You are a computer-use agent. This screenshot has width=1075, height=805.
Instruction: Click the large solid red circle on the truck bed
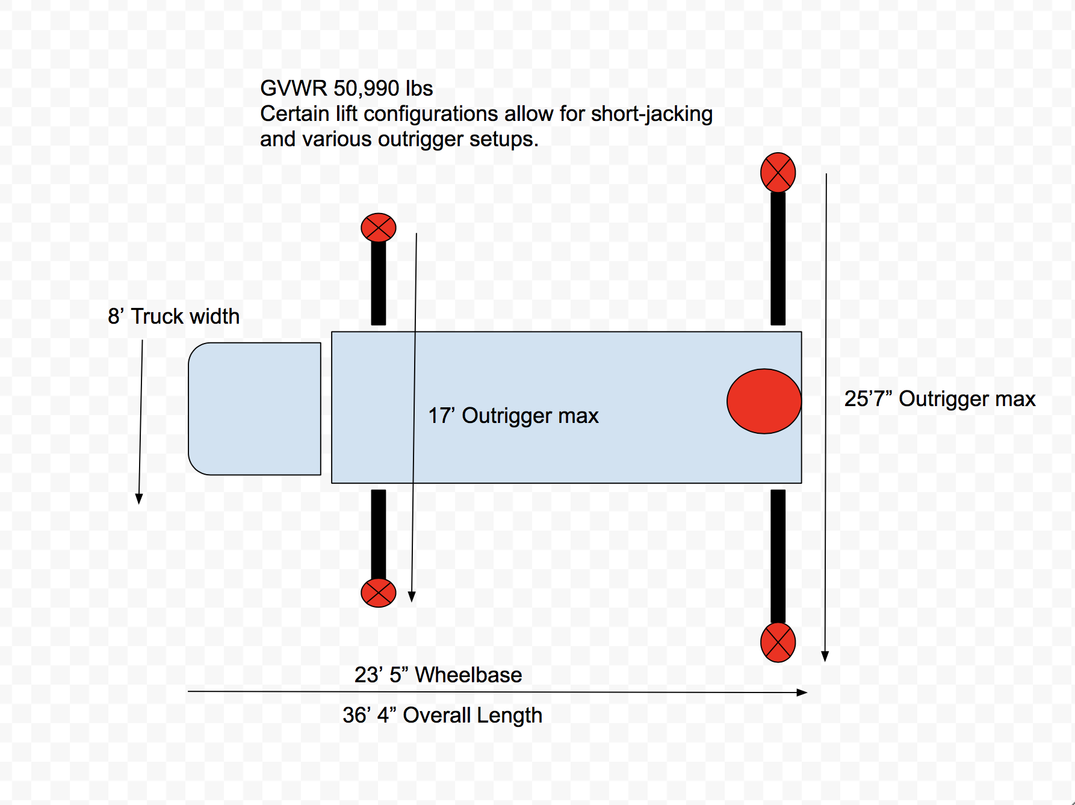(x=764, y=401)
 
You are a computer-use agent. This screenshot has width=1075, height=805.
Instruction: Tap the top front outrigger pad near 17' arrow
(x=379, y=227)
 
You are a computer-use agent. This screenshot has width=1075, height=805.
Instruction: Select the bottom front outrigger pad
(x=379, y=593)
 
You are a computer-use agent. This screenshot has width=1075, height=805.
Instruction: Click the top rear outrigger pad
(x=778, y=173)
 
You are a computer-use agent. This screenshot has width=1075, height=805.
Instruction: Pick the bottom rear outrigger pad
(x=778, y=643)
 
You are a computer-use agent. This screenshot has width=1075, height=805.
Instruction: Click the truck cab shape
(x=255, y=409)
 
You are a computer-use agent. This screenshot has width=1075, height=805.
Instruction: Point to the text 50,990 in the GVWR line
(x=366, y=88)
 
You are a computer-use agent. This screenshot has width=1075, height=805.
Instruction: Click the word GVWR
(x=294, y=88)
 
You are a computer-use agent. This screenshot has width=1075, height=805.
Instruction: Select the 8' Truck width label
(x=173, y=316)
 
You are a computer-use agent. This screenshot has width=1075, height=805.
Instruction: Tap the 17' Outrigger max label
(x=513, y=416)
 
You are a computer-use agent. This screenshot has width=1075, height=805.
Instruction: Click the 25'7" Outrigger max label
(x=940, y=399)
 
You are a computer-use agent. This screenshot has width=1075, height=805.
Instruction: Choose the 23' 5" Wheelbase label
(x=438, y=675)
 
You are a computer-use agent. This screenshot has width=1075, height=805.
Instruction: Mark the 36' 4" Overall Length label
(x=442, y=715)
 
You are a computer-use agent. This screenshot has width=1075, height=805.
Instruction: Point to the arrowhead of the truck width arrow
(x=139, y=499)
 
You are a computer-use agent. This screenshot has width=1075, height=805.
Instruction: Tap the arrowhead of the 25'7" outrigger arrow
(x=825, y=656)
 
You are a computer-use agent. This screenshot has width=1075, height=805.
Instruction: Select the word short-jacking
(x=652, y=114)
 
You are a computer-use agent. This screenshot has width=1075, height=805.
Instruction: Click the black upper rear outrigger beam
(x=778, y=259)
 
